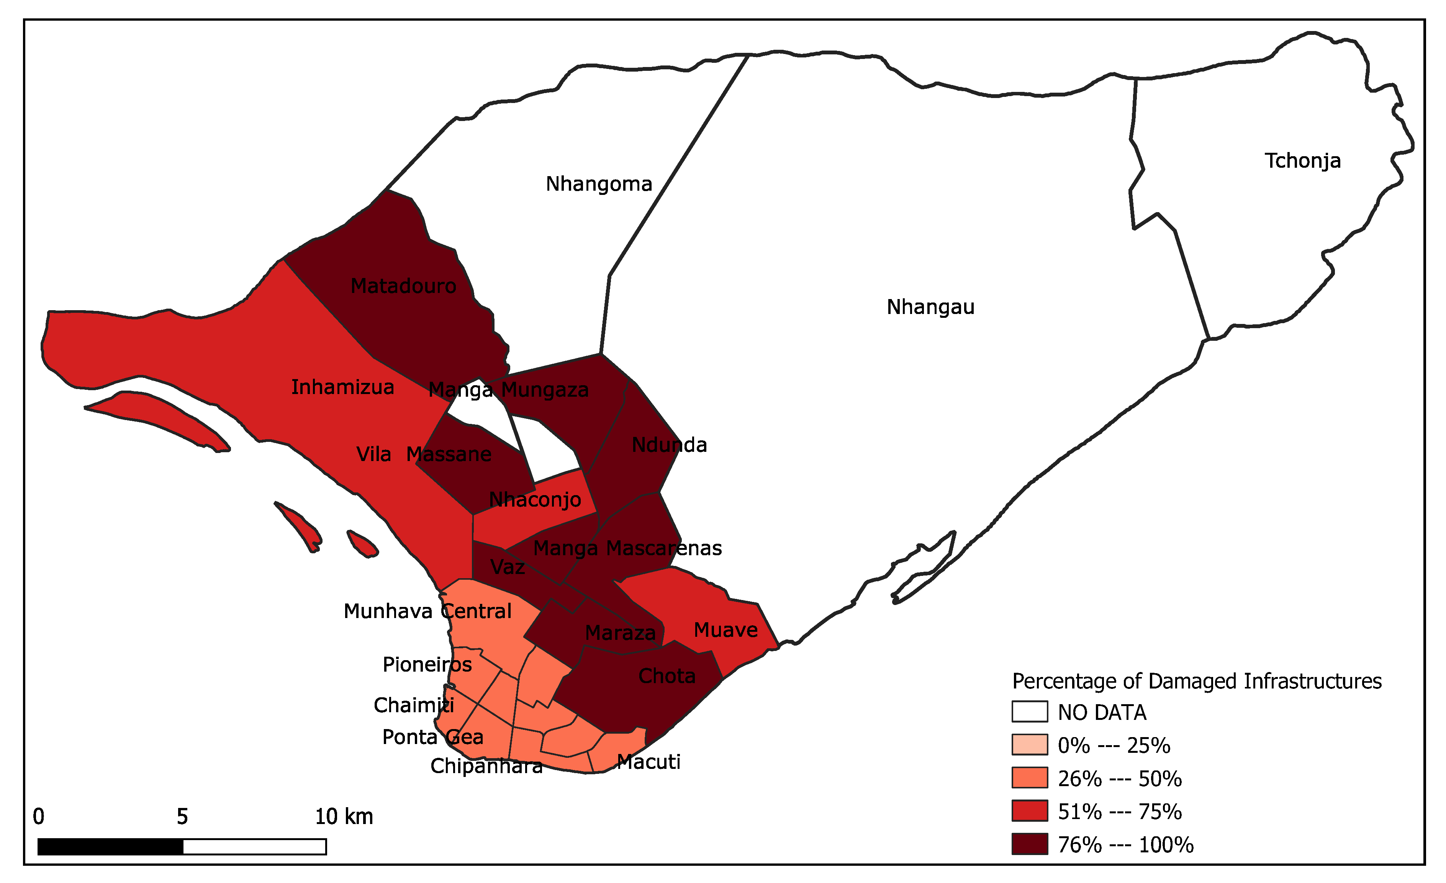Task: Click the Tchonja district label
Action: coord(1302,161)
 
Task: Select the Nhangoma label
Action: coord(599,184)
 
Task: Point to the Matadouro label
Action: coord(403,286)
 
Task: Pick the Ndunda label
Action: coord(669,445)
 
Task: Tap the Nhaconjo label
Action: coord(535,500)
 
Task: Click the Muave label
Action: coord(725,630)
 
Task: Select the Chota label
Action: coord(667,676)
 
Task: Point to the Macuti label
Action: coord(648,762)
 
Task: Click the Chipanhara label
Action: coord(486,766)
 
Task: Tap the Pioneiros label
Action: coord(427,665)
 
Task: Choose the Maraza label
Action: coord(620,633)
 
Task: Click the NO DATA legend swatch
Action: coord(1029,712)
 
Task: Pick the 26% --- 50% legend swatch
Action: coord(1029,778)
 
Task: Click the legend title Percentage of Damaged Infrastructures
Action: coord(1197,681)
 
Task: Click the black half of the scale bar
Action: coord(110,847)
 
